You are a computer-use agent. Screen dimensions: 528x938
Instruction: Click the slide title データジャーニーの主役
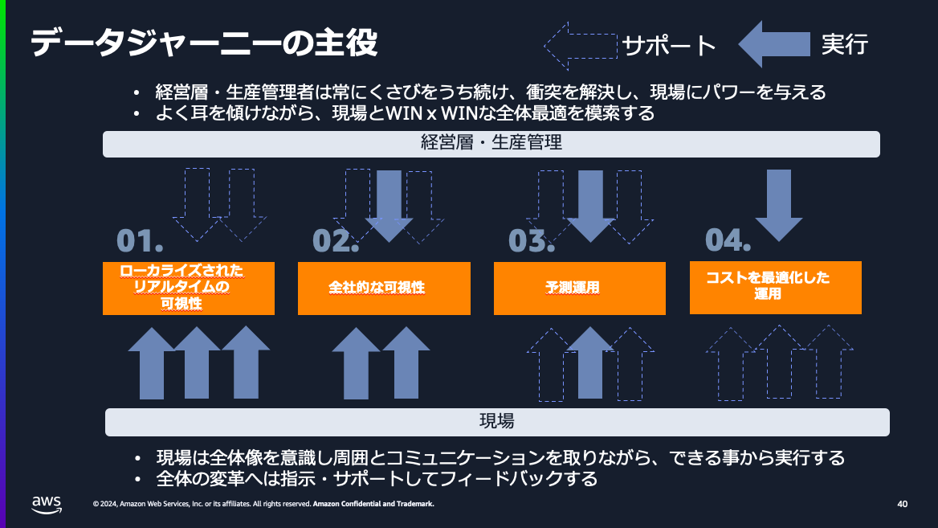point(204,43)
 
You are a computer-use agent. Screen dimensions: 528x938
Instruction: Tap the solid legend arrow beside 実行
point(773,44)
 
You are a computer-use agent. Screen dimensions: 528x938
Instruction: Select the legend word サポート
point(669,46)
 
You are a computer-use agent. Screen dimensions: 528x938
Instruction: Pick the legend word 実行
point(844,45)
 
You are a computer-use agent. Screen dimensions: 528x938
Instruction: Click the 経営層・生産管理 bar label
point(491,144)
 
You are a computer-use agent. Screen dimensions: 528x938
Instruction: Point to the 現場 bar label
point(497,421)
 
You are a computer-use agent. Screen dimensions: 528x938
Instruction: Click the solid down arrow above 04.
point(778,205)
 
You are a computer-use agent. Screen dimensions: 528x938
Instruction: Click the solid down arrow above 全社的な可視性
point(389,206)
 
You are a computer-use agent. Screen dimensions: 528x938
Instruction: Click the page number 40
point(902,504)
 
